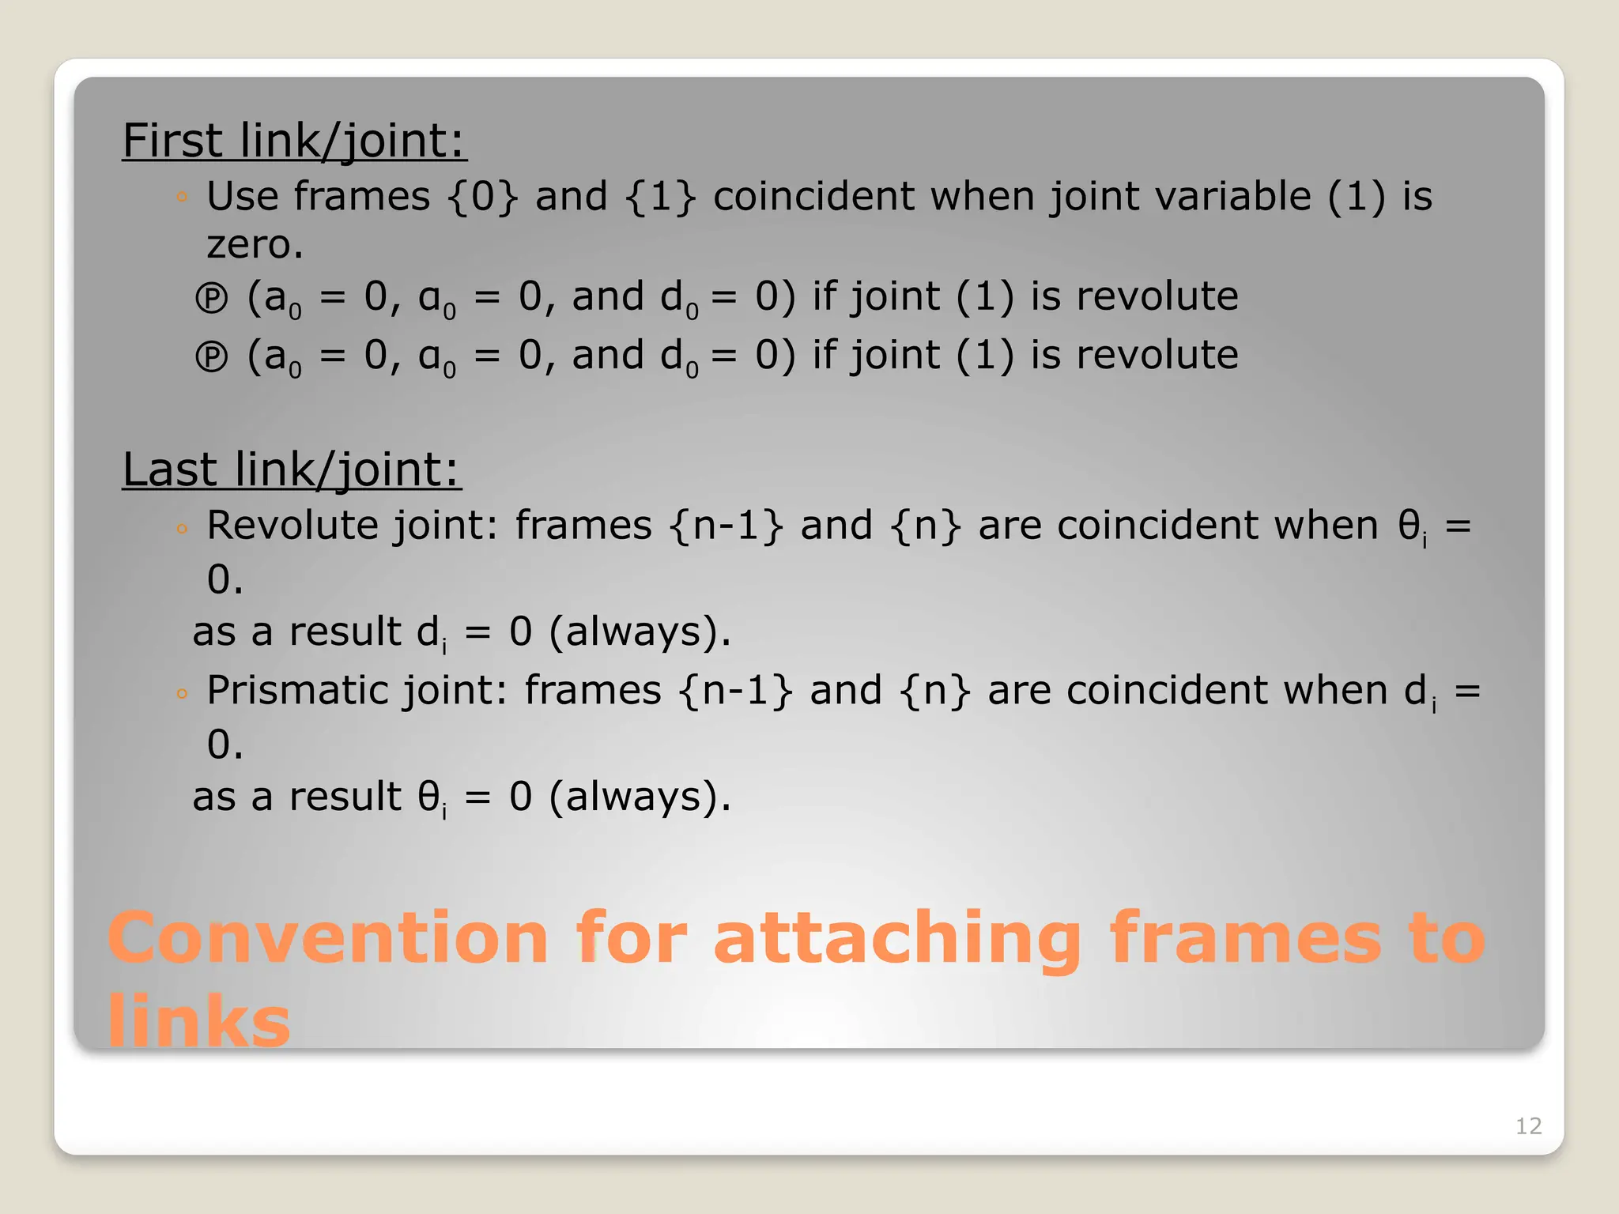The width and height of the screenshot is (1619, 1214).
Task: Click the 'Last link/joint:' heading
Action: click(291, 469)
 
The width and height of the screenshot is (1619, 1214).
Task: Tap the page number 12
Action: click(1528, 1125)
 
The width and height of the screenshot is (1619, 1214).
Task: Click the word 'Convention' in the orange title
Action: click(327, 938)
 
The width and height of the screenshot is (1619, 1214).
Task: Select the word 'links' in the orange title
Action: click(199, 1020)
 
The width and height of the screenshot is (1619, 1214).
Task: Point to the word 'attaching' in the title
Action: click(896, 938)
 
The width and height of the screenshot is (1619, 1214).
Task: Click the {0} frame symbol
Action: click(482, 197)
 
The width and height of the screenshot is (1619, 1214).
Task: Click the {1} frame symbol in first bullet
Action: click(660, 197)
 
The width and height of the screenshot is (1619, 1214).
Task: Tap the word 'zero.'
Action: click(255, 245)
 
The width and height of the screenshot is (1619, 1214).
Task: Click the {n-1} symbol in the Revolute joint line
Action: click(726, 526)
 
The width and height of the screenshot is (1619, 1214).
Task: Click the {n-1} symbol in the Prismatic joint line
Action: click(735, 691)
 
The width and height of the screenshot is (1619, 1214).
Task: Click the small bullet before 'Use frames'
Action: click(182, 197)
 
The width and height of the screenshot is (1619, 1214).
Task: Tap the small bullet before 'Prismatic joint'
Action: click(182, 694)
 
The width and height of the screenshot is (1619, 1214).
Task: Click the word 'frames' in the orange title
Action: click(1246, 938)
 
